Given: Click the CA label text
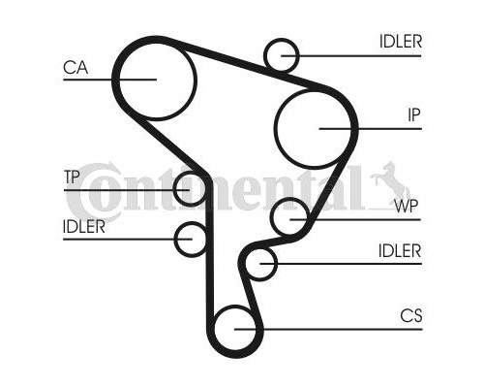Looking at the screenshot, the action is coord(76,68).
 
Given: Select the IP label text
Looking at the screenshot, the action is coord(414,114).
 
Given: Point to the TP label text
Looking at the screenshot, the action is coord(72,177).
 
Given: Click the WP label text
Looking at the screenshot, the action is coord(407,206).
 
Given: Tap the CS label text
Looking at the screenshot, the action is coord(411,315).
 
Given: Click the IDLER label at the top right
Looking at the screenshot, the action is coord(401,42).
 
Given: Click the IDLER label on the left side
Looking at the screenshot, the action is coord(84,227).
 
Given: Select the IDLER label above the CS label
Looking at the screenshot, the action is coord(400,251).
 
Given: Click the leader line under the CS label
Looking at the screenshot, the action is coord(328,330).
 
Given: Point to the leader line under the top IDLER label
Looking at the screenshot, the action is coord(351,56).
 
